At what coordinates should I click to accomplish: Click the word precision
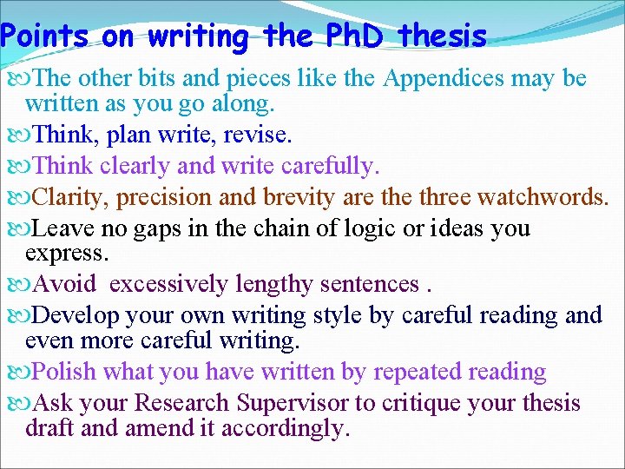165,197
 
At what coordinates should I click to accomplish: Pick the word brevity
293,197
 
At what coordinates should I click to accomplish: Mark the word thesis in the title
442,36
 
